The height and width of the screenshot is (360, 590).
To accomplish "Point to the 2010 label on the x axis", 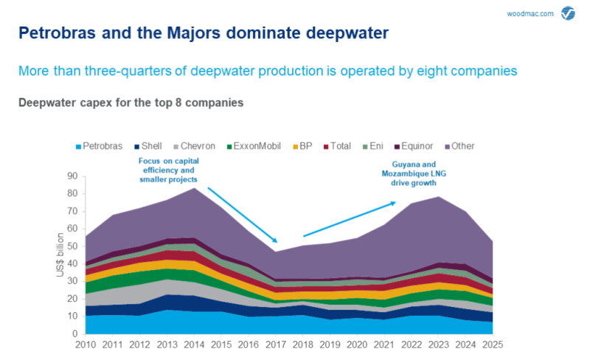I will [86, 345].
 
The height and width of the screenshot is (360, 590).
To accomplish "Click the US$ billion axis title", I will [58, 255].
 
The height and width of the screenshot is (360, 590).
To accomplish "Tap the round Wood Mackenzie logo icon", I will [569, 13].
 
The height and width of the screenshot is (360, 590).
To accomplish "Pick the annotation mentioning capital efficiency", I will [169, 170].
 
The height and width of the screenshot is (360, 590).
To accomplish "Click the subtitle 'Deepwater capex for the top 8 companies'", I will [131, 103].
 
